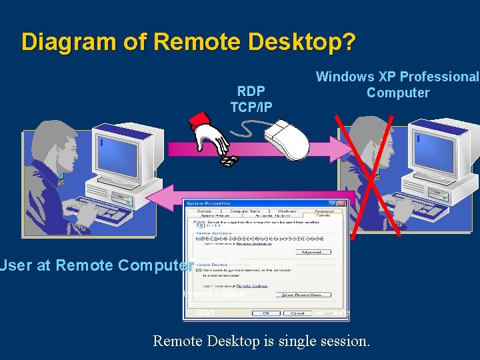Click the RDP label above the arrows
251,91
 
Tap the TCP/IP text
251,107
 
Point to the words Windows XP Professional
397,77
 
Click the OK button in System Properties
266,313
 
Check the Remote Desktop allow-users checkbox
199,270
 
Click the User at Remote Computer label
93,265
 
